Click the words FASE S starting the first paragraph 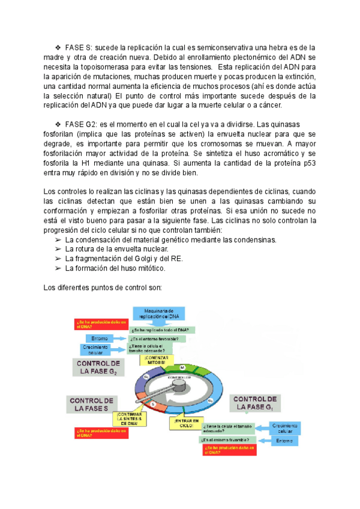point(79,46)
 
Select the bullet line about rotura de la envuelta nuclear point(117,249)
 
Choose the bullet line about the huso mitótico point(114,268)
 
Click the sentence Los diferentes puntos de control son point(103,288)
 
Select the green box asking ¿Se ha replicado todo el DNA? point(162,330)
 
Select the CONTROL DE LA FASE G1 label point(254,403)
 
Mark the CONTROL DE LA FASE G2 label point(98,367)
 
